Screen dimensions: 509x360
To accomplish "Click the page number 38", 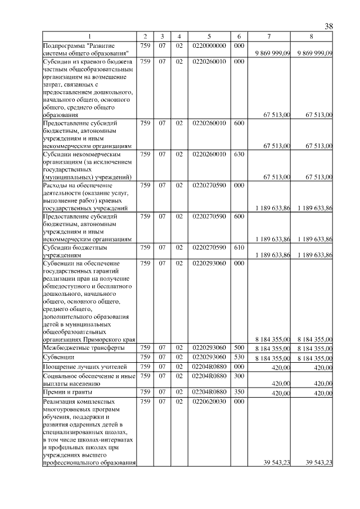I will [x=329, y=26].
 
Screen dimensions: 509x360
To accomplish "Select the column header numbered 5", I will [x=209, y=37].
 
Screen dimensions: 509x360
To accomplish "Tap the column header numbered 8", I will [x=311, y=37].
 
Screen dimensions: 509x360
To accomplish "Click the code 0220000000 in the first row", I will [x=209, y=45].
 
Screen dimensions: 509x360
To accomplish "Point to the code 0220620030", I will [x=209, y=402].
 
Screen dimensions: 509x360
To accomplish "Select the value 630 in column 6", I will [x=238, y=152].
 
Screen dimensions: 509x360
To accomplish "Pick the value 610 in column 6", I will [x=238, y=246].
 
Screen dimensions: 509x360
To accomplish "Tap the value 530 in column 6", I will [x=238, y=357].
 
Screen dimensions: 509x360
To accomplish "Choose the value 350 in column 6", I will [x=238, y=391].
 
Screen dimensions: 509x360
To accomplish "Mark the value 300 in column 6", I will [x=238, y=375].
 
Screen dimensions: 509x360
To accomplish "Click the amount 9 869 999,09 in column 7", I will [x=272, y=53].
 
